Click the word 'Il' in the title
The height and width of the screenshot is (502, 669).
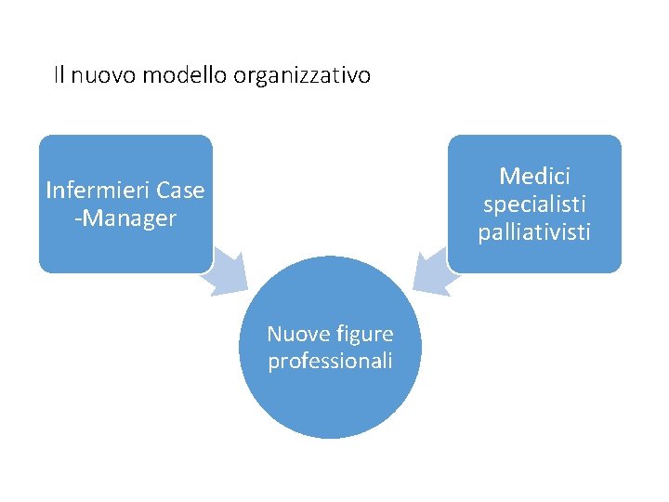[x=59, y=75]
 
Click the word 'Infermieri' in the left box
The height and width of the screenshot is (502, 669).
[x=98, y=192]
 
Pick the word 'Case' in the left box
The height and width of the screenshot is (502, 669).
[x=180, y=192]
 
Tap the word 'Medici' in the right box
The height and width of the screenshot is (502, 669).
[x=534, y=176]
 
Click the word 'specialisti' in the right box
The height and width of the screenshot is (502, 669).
[x=534, y=204]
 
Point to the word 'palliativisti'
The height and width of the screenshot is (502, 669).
[x=534, y=231]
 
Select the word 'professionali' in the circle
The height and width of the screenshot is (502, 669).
[x=330, y=361]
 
